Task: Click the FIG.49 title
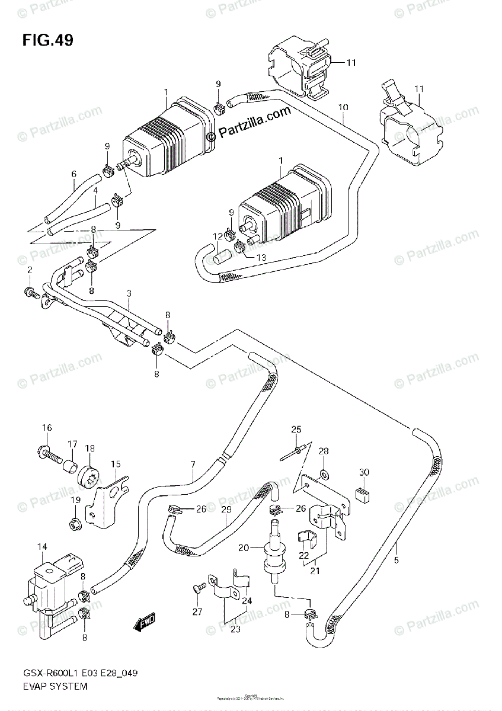[x=47, y=41]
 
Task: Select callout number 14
[x=42, y=547]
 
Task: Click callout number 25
[x=296, y=429]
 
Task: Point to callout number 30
[x=364, y=472]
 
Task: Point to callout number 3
[x=127, y=294]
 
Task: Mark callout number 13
[x=262, y=257]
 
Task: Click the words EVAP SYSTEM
[x=56, y=686]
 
